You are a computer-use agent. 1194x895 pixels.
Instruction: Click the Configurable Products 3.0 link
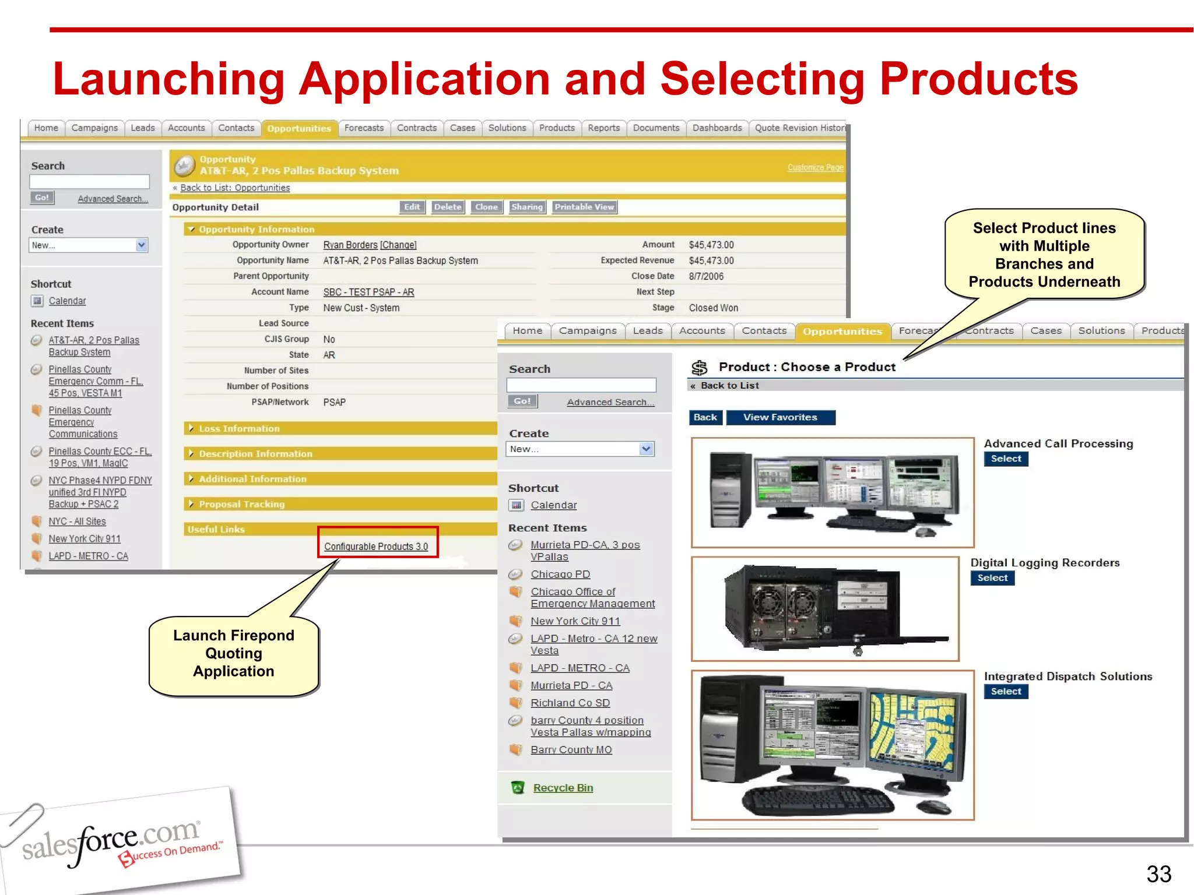[376, 547]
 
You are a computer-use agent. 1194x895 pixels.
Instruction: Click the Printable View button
[584, 207]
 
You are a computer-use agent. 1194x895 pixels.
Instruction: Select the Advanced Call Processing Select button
[1006, 459]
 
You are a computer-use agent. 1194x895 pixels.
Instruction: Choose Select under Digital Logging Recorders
[992, 578]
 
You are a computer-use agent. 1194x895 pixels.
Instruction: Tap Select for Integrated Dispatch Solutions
[1006, 692]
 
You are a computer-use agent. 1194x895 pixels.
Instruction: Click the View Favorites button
[779, 417]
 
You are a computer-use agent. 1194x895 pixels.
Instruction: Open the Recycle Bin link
[563, 788]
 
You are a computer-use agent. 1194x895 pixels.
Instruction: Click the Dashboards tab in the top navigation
[717, 128]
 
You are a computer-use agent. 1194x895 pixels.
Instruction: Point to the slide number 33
[1158, 873]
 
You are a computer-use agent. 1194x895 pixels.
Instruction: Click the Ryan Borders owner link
[350, 245]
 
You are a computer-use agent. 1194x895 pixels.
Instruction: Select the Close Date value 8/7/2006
[705, 276]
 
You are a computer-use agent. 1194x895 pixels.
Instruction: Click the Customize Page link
[815, 168]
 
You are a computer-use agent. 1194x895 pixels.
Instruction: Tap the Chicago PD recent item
[560, 575]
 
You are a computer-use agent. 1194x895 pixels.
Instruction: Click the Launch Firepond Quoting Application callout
[234, 654]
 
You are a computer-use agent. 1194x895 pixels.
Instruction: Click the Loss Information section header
[239, 429]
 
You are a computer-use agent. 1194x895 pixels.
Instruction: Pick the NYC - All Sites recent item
[77, 522]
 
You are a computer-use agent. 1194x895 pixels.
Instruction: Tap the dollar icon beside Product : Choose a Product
[699, 368]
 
